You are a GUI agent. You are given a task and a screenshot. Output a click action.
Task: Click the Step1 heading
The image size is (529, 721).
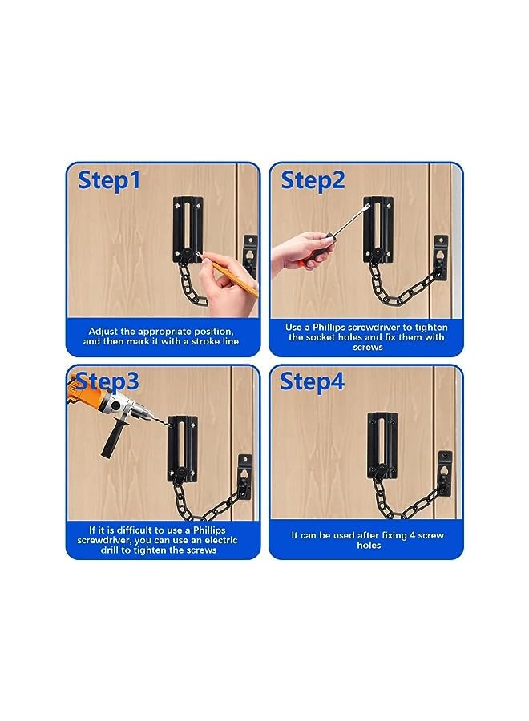(x=109, y=180)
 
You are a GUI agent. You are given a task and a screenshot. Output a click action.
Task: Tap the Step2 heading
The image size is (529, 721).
(x=313, y=180)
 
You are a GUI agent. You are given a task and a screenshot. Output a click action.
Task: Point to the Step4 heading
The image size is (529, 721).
(x=313, y=381)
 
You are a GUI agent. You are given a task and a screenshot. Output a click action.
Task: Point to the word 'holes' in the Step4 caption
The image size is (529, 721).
(x=369, y=546)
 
